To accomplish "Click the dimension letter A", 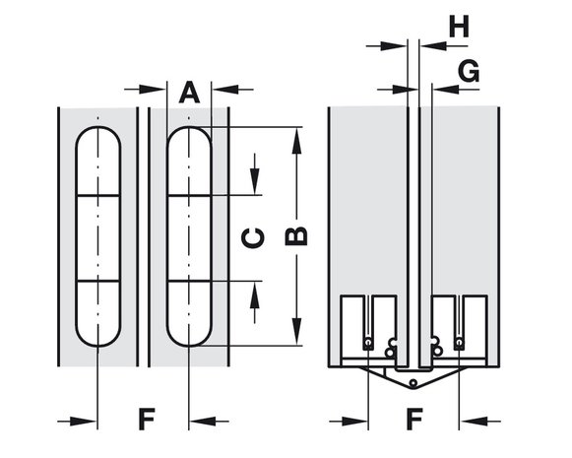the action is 189,93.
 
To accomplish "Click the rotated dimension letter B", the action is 296,235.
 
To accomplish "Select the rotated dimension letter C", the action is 253,238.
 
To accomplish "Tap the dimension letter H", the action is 459,27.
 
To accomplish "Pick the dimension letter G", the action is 469,71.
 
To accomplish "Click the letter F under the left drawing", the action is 147,420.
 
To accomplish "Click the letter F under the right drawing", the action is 414,420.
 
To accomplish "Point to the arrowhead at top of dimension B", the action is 297,141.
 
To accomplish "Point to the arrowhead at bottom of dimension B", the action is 297,331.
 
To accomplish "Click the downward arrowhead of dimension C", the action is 255,181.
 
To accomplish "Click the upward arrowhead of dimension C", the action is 255,294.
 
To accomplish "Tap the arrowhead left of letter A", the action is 153,89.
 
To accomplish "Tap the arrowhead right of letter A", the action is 225,89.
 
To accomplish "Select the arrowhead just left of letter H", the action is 394,46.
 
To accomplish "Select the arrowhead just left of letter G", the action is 405,89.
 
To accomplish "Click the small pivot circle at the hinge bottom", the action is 413,383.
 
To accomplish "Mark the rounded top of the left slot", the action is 97,127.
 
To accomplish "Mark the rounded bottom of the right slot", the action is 189,345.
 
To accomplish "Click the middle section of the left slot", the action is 97,238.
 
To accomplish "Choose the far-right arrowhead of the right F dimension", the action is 474,422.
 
